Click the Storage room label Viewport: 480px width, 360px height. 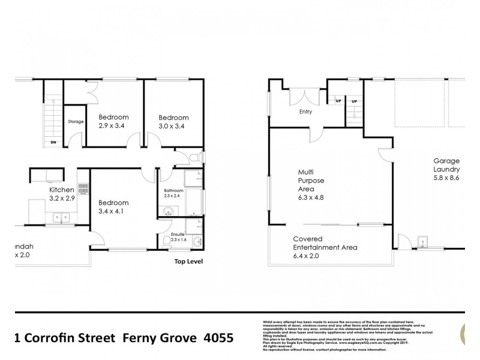point(75,122)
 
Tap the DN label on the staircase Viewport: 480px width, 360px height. point(53,142)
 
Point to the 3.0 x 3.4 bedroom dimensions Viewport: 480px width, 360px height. point(173,127)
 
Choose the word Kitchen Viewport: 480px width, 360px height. point(62,190)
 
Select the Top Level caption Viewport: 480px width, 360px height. point(188,262)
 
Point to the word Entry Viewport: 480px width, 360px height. point(306,111)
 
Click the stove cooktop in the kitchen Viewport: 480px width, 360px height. point(83,193)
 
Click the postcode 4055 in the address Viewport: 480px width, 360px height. point(217,338)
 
